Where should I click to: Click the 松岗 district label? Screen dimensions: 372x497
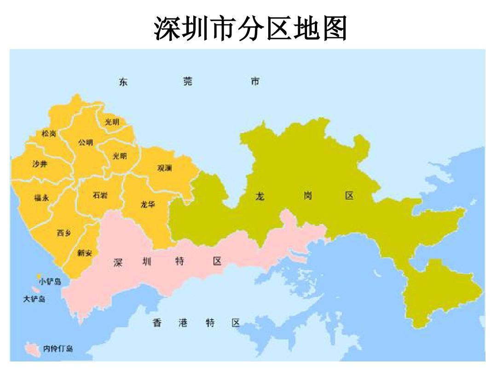[48, 134]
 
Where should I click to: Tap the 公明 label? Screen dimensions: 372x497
[86, 142]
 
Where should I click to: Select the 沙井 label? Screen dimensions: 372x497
[39, 164]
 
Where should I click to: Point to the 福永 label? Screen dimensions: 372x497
[41, 198]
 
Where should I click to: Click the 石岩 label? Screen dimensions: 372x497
[100, 195]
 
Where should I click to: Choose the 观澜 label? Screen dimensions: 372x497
[165, 168]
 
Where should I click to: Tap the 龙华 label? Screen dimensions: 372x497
[148, 205]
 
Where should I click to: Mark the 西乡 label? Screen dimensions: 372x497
[64, 233]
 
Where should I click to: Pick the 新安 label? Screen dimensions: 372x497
[84, 253]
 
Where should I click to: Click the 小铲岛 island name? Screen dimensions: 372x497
[50, 282]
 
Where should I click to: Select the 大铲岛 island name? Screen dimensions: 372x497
[34, 299]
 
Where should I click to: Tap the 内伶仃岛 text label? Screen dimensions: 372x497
[58, 349]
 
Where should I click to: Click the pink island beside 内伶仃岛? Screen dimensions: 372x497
[32, 348]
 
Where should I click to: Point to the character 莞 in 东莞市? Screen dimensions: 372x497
[187, 82]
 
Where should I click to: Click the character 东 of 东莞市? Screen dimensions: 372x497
[123, 82]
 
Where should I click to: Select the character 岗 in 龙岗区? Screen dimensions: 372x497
[307, 196]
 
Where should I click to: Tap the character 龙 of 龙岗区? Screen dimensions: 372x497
[260, 197]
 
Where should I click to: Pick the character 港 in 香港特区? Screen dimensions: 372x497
[183, 323]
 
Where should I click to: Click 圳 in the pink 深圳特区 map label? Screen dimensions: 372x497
[147, 262]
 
